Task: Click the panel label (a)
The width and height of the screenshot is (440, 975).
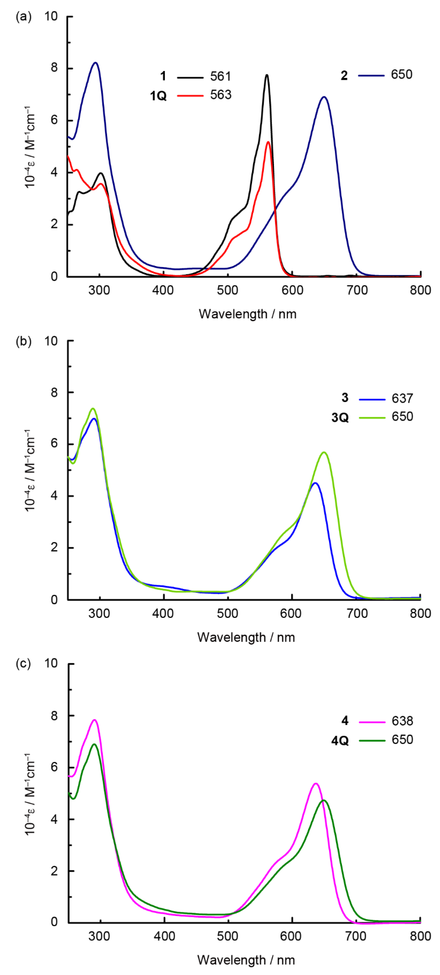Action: pyautogui.click(x=23, y=17)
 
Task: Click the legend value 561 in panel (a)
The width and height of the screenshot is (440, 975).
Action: pyautogui.click(x=220, y=77)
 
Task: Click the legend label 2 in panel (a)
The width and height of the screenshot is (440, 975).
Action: pyautogui.click(x=344, y=76)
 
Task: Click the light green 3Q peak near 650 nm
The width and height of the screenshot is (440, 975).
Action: pyautogui.click(x=324, y=452)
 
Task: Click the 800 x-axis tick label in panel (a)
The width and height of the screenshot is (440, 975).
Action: pyautogui.click(x=420, y=290)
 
